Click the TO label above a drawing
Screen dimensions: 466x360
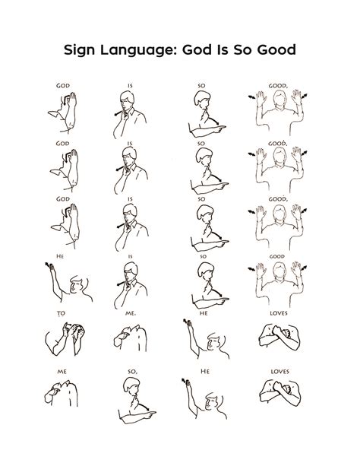click(59, 312)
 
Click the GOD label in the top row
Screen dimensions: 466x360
click(62, 86)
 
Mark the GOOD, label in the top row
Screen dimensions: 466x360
click(277, 86)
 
